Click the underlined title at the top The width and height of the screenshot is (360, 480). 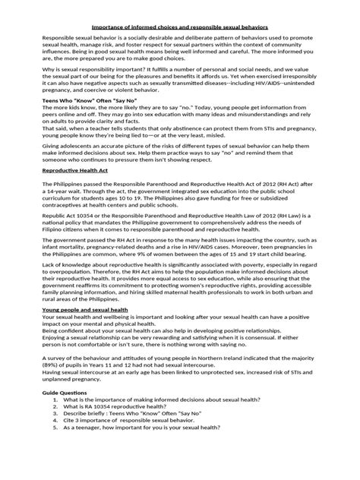click(x=180, y=24)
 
